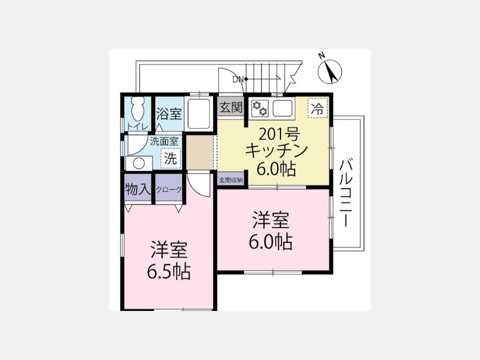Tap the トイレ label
point(138,126)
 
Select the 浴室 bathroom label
point(169,114)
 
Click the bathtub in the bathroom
point(199,114)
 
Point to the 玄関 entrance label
point(231,107)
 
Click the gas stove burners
point(260,109)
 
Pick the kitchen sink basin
point(282,108)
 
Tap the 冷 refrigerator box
point(317,108)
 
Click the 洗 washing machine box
point(171,158)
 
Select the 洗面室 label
point(164,141)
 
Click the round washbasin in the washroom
point(139,163)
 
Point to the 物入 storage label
point(138,189)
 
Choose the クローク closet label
point(169,190)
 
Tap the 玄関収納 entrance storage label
point(231,180)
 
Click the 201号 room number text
point(279,134)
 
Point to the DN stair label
point(238,79)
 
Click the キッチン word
point(276,150)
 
